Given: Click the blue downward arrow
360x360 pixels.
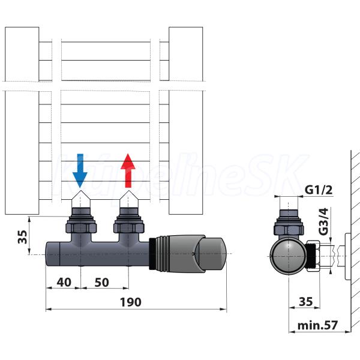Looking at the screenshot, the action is [80, 170].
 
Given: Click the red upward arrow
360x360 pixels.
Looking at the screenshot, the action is [128, 170].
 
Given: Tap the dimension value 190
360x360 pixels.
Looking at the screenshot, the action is [130, 302].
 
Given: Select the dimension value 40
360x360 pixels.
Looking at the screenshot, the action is [64, 282].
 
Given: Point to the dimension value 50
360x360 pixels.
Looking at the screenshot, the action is [101, 283].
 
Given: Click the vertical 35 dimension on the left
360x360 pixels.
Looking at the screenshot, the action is [23, 237].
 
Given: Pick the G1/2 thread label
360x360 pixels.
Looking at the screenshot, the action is [319, 190].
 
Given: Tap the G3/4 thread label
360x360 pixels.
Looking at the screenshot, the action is [323, 221].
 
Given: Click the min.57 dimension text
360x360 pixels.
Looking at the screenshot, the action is [317, 325].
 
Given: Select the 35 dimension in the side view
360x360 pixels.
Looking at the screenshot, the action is [306, 301].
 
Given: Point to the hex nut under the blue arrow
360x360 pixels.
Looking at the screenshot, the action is [81, 227].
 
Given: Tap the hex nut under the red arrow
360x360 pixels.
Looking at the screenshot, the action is [129, 227].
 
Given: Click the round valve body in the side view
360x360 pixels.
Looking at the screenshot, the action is [288, 256].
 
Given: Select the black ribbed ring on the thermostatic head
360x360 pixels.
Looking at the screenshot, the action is [152, 253].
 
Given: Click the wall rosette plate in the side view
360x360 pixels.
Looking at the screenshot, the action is [348, 256].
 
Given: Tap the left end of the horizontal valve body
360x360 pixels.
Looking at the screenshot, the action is [53, 254].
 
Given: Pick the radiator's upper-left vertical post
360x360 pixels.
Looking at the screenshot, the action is [22, 54].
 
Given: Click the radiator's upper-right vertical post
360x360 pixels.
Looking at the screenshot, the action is [186, 54].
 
